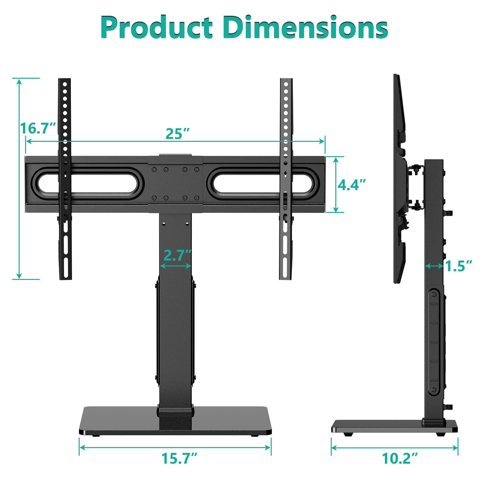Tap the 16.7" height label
pos(39,128)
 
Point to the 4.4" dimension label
pos(352,184)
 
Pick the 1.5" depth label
pos(458,266)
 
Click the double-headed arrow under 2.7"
pos(176,266)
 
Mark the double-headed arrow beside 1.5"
pos(434,266)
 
